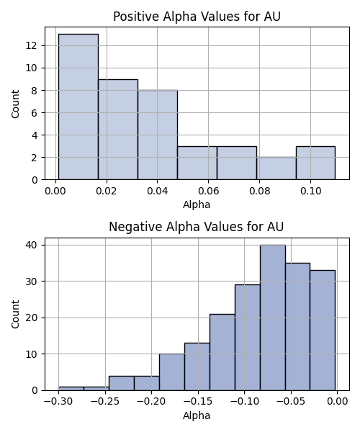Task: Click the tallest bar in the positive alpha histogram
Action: (78, 107)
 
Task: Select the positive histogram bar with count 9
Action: (118, 130)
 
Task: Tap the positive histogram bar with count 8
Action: (158, 135)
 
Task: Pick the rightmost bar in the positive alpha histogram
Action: (315, 163)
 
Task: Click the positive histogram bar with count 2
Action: (276, 168)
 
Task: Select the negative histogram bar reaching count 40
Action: (273, 318)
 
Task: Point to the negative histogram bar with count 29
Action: (248, 338)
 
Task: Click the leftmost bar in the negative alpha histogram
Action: (71, 389)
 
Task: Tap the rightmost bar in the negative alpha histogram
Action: (323, 330)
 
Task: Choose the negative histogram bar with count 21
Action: (222, 352)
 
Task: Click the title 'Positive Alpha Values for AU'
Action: (197, 17)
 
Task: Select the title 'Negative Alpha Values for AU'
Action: (196, 227)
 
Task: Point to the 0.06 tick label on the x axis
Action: (209, 191)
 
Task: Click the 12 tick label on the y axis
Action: (32, 45)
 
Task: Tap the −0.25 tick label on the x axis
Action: (105, 402)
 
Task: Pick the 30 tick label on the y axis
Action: (32, 282)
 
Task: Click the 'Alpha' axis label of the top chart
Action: (197, 204)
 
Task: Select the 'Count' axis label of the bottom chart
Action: (15, 315)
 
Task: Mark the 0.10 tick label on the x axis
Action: (311, 191)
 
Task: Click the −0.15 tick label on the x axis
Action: (198, 402)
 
